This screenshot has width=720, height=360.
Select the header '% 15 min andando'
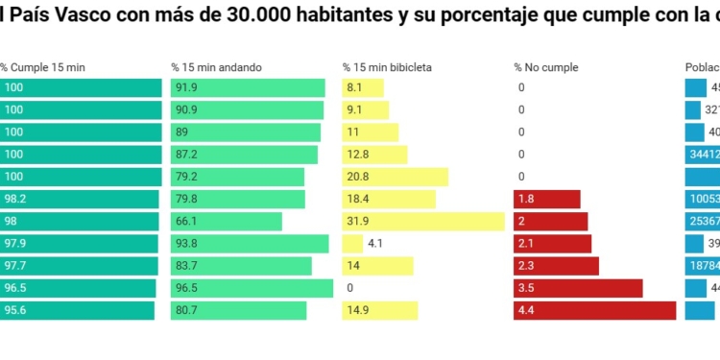216,67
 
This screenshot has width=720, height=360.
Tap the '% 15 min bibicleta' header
387,67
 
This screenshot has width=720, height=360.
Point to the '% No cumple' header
545,67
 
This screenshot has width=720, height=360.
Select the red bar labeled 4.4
594,310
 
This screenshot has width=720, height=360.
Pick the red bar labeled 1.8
547,199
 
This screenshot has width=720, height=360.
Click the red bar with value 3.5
578,288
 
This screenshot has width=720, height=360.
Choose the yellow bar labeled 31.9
423,222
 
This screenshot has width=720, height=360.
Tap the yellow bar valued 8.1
363,88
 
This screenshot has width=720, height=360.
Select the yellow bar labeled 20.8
395,177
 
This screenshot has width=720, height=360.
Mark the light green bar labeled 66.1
227,222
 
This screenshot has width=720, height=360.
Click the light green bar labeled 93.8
250,244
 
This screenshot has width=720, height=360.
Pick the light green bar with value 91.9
248,88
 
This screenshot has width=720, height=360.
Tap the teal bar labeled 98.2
80,199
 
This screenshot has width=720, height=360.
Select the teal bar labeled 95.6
77,310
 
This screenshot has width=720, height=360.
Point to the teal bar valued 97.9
80,244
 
